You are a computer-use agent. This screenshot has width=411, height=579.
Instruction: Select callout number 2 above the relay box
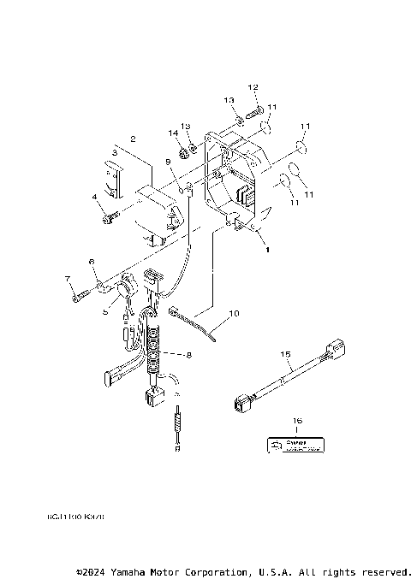tap(133, 138)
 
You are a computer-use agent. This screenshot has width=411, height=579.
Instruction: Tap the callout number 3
tap(114, 152)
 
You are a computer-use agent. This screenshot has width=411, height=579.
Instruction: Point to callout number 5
tap(95, 198)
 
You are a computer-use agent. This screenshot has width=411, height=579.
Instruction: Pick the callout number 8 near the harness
tap(105, 312)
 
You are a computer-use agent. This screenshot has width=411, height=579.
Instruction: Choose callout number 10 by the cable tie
tap(167, 161)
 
